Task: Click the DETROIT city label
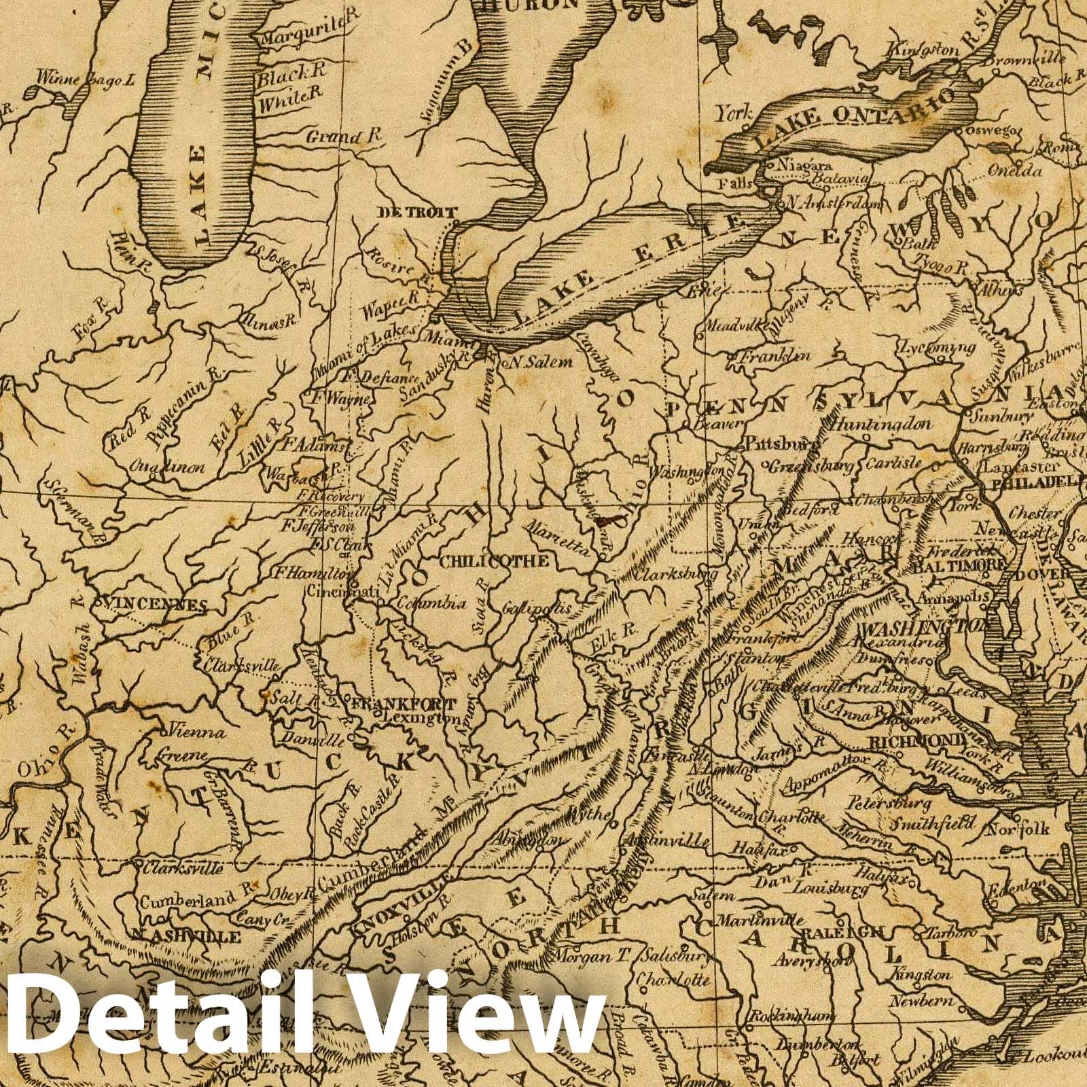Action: (418, 212)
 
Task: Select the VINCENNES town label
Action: (152, 604)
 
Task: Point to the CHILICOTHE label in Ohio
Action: (494, 561)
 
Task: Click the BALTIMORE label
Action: (959, 564)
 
